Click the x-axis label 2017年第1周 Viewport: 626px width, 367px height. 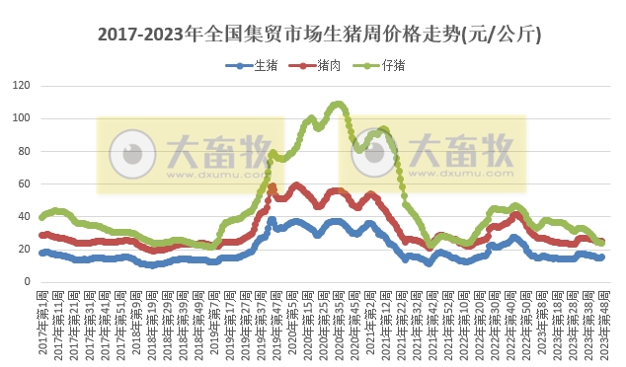[x=42, y=321]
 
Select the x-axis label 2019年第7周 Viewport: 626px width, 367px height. [x=213, y=321]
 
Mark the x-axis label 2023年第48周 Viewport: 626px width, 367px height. [x=602, y=321]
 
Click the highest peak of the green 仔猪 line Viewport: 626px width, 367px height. [x=338, y=103]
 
